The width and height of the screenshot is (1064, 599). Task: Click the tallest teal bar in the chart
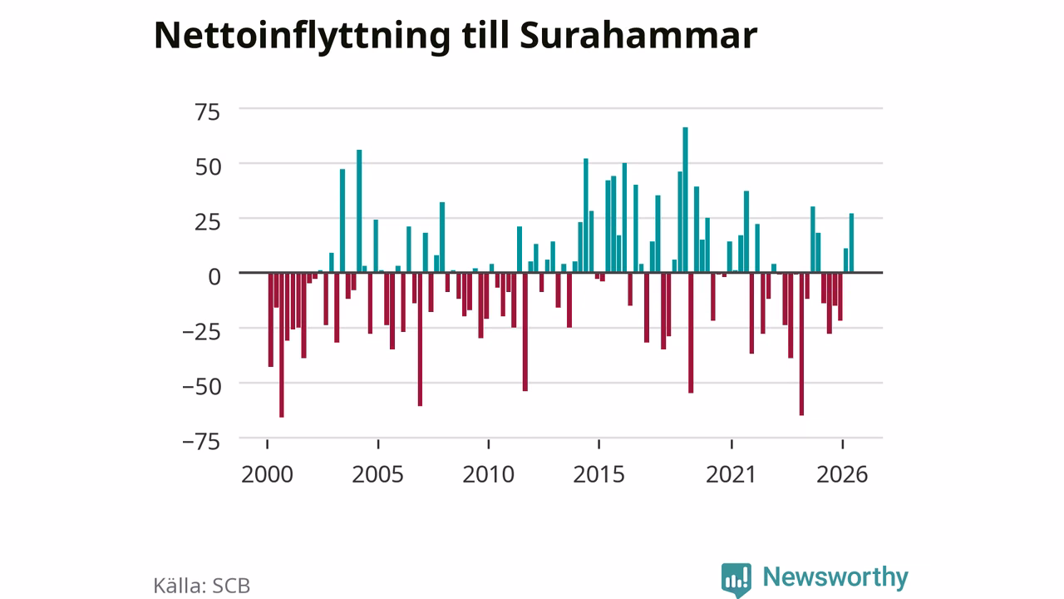685,200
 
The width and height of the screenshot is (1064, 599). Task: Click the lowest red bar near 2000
282,345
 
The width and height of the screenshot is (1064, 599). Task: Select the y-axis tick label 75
208,112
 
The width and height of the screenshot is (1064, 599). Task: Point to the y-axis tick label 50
208,167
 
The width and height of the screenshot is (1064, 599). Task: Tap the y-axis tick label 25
208,222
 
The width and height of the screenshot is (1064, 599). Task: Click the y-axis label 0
214,277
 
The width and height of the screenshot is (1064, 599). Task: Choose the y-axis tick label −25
201,332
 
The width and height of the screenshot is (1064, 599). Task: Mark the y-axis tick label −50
201,387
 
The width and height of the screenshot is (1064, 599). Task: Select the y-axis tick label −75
201,442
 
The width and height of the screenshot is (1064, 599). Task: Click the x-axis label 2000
267,474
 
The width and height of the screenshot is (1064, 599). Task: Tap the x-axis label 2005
377,474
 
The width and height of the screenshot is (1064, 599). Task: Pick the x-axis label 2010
488,474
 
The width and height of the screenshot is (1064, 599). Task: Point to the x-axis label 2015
598,474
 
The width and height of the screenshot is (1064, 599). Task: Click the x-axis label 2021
731,474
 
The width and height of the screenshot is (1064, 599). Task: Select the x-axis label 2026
842,474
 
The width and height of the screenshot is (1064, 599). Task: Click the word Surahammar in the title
638,36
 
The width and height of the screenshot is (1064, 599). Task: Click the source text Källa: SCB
201,585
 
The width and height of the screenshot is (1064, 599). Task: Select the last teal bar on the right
851,243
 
